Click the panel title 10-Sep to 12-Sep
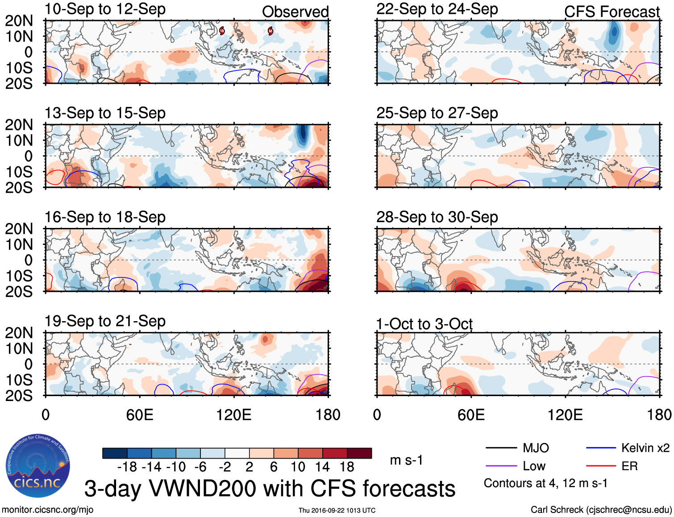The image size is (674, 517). pos(105,9)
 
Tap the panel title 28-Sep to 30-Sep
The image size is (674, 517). pos(437,217)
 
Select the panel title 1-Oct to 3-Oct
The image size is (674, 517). pos(424,324)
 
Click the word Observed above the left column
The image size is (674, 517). pos(295,12)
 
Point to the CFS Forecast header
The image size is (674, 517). pos(612,12)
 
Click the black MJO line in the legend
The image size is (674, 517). pos(501,448)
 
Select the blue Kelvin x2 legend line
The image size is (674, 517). pos(601,448)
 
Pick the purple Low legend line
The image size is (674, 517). pos(501,466)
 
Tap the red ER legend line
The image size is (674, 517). pos(601,466)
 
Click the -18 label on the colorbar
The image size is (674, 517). pos(127,467)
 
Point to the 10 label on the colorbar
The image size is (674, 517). pos(298,467)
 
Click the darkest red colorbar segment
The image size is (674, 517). pos(359,453)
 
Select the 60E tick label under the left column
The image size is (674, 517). pos(140,415)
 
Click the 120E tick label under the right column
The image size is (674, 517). pos(565,415)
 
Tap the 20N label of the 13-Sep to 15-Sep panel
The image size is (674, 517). pos(19,125)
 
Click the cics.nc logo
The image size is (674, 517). pos(38,466)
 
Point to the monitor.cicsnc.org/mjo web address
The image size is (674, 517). pos(48,510)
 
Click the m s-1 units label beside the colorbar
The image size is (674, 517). pos(406,460)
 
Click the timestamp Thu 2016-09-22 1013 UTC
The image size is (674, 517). pos(337,510)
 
